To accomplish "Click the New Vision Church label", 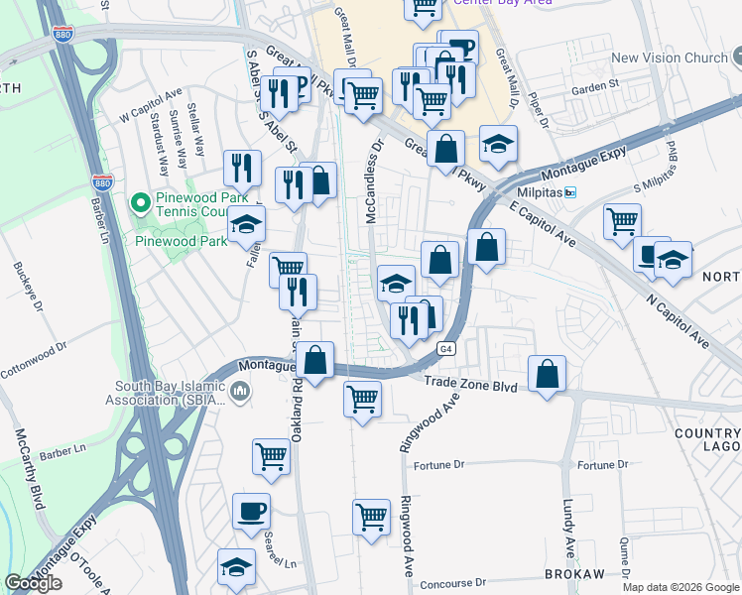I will coord(670,58).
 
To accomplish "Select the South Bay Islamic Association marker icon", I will coord(239,394).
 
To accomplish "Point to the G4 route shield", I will coord(446,348).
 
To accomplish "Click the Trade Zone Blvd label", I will coord(470,383).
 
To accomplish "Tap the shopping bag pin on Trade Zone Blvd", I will coord(547,374).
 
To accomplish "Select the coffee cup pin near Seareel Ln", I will coord(251,512).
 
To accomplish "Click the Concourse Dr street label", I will coord(452,583).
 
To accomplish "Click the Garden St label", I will coord(600,86).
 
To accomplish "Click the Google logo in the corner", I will coord(33,583).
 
